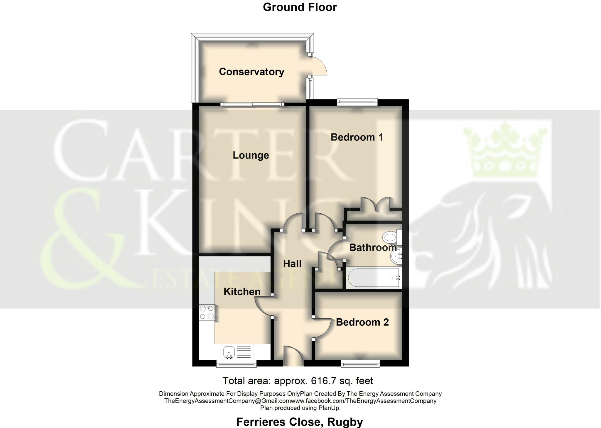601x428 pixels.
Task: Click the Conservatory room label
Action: [x=251, y=72]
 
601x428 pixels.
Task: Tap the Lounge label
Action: [x=251, y=155]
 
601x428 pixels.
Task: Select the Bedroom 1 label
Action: [x=357, y=137]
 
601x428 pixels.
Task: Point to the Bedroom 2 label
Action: [x=362, y=322]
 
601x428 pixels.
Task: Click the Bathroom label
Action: [x=373, y=247]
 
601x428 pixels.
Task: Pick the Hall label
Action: [x=292, y=264]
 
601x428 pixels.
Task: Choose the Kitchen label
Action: [x=242, y=291]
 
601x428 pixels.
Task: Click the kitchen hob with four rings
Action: [x=207, y=312]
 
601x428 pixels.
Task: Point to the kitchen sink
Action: [x=229, y=351]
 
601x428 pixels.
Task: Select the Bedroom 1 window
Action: [x=357, y=102]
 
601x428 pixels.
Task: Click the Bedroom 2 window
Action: [x=360, y=364]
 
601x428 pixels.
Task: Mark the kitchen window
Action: [x=236, y=364]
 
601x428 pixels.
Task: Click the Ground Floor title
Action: [x=300, y=7]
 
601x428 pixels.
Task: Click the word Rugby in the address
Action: [x=345, y=422]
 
